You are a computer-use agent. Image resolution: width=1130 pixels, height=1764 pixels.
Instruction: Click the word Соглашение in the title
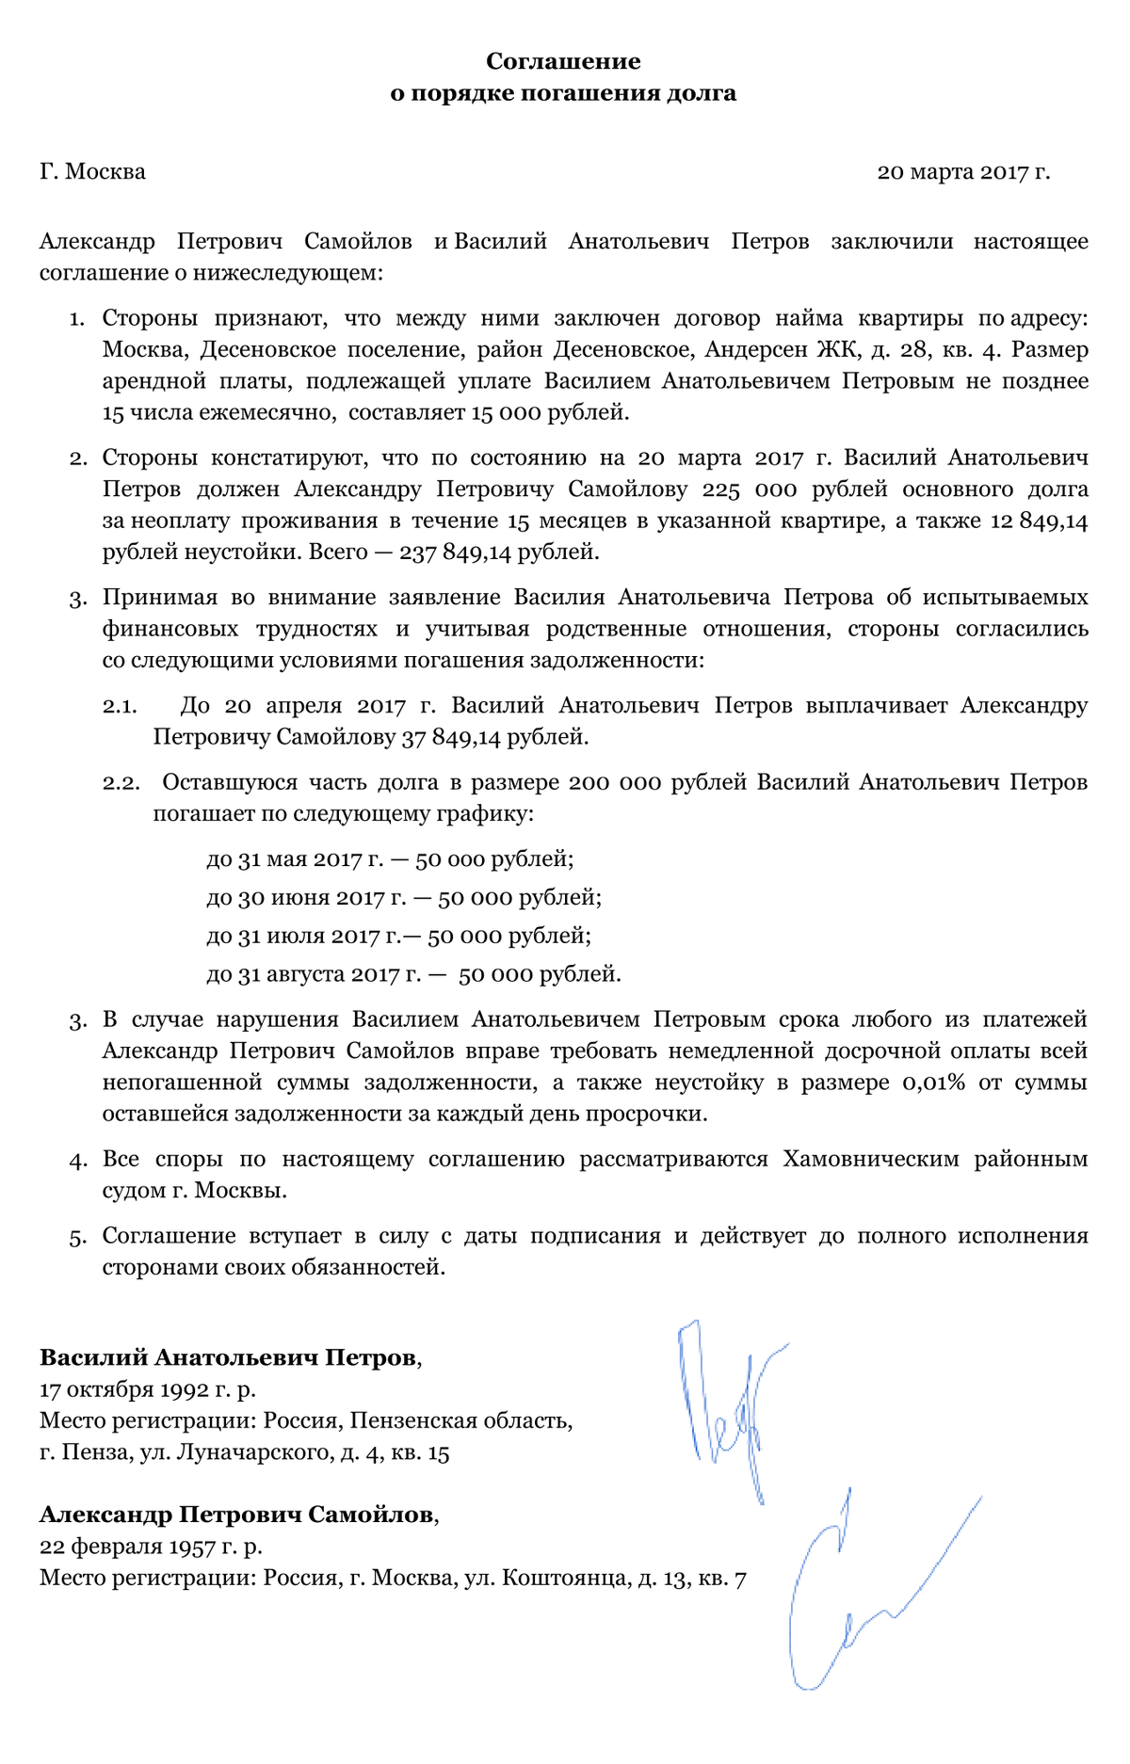point(563,62)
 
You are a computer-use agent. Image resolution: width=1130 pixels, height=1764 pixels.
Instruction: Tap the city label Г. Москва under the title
point(92,172)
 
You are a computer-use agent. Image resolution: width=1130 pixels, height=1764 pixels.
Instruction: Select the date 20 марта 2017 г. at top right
point(962,172)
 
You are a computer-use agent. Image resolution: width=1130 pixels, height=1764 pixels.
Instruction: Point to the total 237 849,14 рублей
point(499,552)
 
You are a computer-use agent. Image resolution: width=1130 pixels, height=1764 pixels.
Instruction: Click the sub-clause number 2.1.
point(121,706)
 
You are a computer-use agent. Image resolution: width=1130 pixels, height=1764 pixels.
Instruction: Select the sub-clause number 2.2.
point(121,783)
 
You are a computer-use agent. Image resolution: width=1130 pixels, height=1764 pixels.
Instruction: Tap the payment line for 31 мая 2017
point(390,859)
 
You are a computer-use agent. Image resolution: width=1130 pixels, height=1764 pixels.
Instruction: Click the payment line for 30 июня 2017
point(404,898)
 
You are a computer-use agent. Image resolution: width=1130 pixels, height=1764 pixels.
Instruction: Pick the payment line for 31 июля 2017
point(398,937)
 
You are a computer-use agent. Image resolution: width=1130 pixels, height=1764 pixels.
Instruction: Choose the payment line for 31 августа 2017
point(413,974)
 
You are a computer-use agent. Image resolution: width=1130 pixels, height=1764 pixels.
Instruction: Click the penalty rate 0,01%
point(933,1082)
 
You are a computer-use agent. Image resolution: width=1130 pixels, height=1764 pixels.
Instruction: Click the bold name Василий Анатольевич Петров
point(227,1357)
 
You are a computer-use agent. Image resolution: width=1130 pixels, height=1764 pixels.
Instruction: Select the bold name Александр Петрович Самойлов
point(236,1515)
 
